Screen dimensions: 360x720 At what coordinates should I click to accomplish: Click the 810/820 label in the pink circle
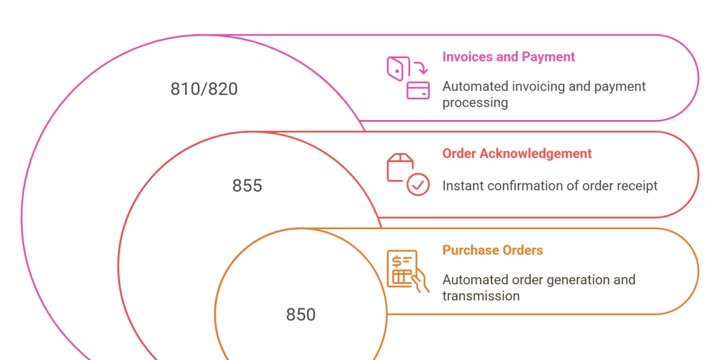click(204, 89)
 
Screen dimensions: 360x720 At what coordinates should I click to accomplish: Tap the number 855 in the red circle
click(247, 186)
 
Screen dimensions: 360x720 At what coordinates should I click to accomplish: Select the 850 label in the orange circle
click(301, 315)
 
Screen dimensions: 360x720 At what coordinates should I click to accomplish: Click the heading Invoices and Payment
click(508, 57)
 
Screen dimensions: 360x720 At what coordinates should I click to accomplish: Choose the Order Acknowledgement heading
click(517, 154)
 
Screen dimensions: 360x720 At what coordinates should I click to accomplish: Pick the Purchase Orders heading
click(493, 250)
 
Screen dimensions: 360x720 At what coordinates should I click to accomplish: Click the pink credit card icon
click(418, 91)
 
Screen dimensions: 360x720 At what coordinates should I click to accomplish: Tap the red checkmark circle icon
click(418, 184)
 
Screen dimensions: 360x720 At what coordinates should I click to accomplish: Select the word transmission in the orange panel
click(481, 296)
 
